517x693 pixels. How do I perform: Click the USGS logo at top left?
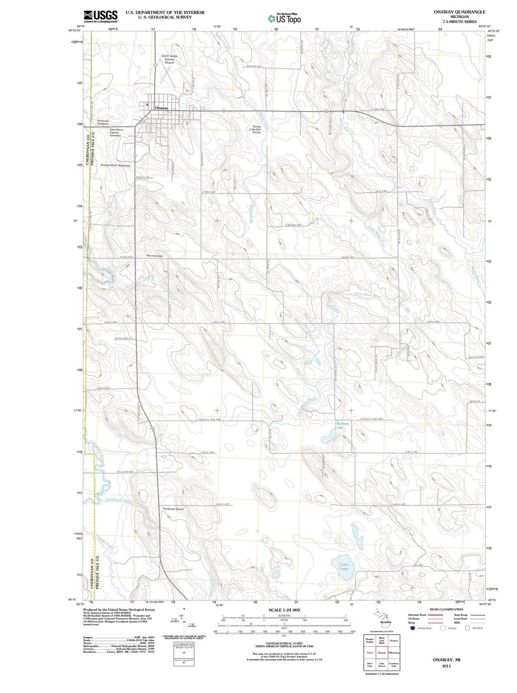(x=100, y=16)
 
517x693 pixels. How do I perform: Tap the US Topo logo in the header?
(x=285, y=18)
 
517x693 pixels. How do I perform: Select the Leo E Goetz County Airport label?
(x=169, y=59)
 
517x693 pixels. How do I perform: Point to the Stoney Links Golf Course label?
(x=255, y=129)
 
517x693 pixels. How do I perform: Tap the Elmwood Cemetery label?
(x=103, y=122)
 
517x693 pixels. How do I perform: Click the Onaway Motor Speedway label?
(x=115, y=165)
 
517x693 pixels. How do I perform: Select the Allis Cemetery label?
(x=155, y=256)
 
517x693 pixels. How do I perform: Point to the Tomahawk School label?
(x=173, y=509)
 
